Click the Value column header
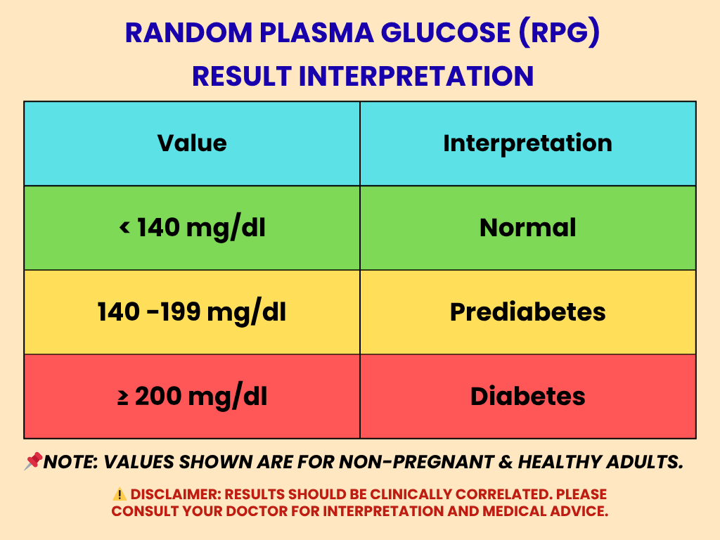point(192,143)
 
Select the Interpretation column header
point(527,143)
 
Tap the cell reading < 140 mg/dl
point(192,228)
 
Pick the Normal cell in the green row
point(527,228)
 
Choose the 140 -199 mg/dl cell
point(192,312)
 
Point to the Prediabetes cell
point(527,312)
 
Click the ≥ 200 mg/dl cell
point(192,397)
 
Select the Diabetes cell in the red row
point(527,397)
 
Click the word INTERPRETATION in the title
point(416,76)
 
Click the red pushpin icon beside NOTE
point(32,461)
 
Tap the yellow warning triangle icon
point(120,494)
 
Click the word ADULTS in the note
point(644,462)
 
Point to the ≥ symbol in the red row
point(122,397)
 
